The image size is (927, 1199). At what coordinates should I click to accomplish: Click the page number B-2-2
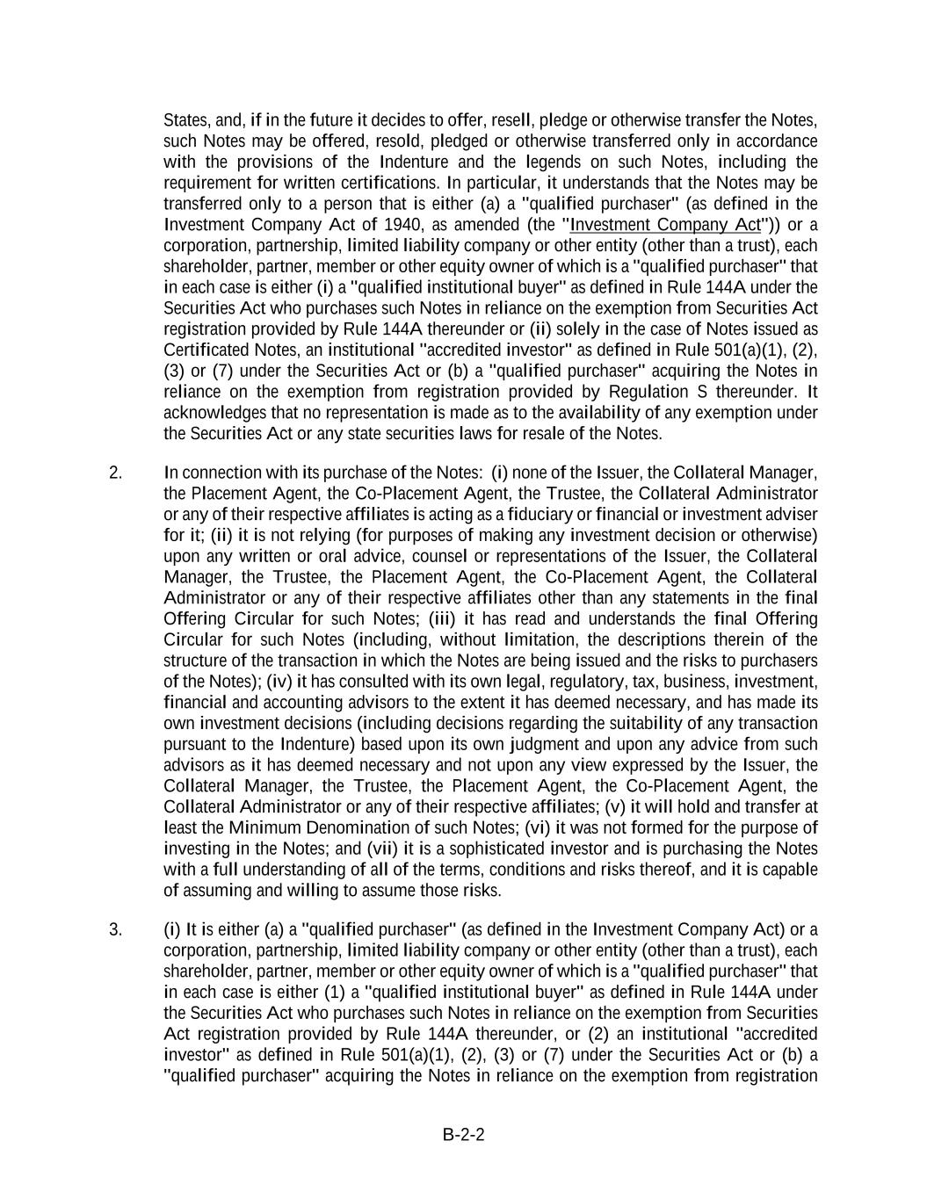[x=463, y=1134]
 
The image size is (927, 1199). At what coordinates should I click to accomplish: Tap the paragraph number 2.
[x=115, y=473]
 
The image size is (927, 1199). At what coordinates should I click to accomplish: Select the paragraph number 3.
[x=115, y=929]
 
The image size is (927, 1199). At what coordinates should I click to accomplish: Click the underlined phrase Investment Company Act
[x=665, y=225]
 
